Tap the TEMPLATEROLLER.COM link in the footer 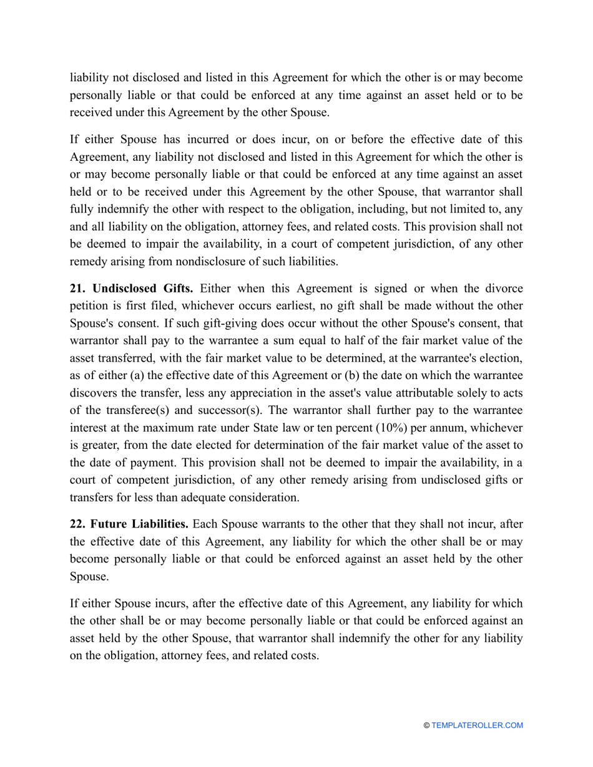pyautogui.click(x=477, y=725)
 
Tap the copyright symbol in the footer pyautogui.click(x=426, y=725)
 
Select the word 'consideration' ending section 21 pyautogui.click(x=263, y=498)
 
